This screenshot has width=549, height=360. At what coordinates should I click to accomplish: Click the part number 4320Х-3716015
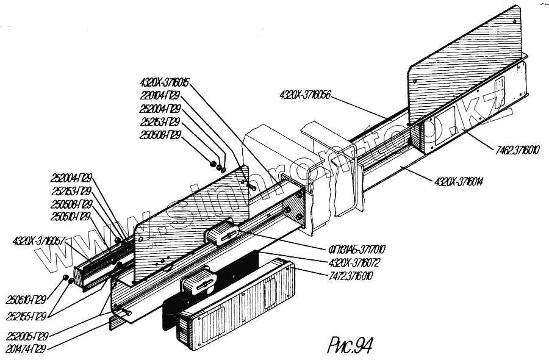click(165, 82)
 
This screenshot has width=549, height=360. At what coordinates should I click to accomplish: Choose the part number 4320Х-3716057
click(38, 242)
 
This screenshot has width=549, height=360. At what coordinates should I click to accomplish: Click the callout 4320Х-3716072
click(354, 263)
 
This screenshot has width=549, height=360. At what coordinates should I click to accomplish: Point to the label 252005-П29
click(27, 336)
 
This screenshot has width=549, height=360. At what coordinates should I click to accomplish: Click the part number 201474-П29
click(27, 349)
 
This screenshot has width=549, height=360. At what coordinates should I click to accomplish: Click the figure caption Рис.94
click(350, 345)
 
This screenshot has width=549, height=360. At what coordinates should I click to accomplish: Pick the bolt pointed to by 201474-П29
click(124, 313)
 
